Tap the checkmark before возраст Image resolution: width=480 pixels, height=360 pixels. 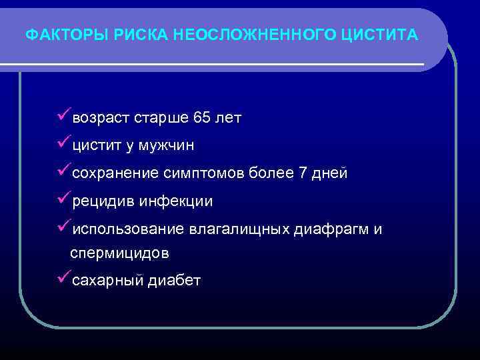[x=63, y=117]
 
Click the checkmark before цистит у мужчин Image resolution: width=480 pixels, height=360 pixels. [x=63, y=144]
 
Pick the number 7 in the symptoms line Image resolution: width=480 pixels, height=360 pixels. [x=303, y=174]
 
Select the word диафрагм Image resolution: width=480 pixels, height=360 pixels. [x=331, y=230]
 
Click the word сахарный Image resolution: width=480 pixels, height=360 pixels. [x=107, y=281]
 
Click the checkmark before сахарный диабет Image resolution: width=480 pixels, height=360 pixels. [x=63, y=278]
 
